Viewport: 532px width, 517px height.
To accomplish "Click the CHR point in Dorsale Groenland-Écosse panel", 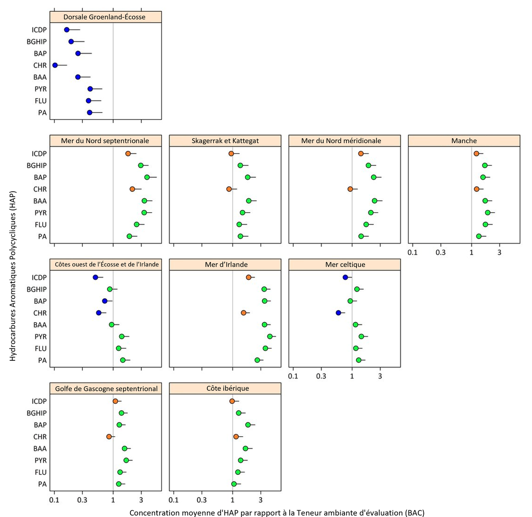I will click(55, 65).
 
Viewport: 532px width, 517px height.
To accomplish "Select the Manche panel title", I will click(464, 141).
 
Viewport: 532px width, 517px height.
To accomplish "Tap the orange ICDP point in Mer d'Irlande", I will click(249, 277).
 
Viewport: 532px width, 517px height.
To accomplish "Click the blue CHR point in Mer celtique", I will click(338, 313).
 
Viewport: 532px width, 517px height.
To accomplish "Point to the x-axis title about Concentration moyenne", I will click(276, 512).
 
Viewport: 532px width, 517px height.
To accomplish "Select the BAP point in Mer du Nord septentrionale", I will click(147, 177).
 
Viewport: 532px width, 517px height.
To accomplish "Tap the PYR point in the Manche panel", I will click(487, 213).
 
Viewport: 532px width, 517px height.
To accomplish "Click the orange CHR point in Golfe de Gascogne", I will click(109, 437).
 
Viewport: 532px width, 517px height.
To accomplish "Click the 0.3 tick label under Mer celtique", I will click(321, 376).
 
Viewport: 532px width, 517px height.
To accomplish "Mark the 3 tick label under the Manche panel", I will click(499, 252).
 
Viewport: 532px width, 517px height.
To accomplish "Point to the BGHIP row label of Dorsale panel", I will click(37, 42).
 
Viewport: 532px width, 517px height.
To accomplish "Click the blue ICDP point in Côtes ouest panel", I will click(95, 277).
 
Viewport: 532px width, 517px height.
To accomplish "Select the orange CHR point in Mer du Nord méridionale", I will click(350, 189).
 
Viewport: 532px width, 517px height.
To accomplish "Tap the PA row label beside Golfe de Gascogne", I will click(42, 484).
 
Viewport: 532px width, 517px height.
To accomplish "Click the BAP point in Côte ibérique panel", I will click(248, 425).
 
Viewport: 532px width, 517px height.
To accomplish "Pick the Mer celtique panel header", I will click(345, 264).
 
